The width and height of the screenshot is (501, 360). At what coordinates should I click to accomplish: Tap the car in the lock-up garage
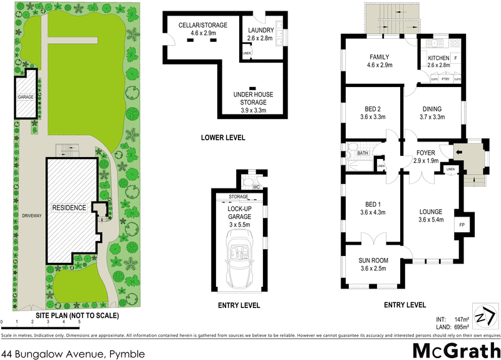coord(240,257)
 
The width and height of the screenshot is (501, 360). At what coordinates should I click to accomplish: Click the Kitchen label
coord(438,61)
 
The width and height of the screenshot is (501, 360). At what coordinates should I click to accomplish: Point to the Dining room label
coord(432,112)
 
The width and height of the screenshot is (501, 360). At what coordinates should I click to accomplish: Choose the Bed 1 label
coord(371,208)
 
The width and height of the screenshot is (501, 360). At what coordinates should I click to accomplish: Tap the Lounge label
coord(431,215)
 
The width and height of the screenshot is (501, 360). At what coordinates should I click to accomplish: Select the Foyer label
coord(426,157)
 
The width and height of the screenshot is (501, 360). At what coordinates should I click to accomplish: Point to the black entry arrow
coord(458,152)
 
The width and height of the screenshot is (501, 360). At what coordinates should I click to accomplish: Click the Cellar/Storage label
coord(203,28)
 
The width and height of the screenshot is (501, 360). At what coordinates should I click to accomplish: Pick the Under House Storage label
coord(254,102)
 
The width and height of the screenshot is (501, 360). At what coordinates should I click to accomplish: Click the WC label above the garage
coord(256,187)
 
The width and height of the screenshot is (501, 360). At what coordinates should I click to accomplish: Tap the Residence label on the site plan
coord(69,207)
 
